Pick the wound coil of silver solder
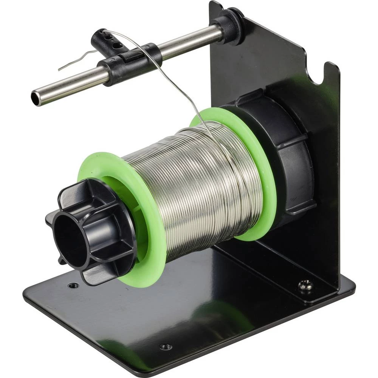pos(197,189)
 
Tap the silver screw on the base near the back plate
pos(305,285)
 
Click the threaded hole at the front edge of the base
pos(166,346)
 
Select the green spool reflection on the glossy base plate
pos(223,314)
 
